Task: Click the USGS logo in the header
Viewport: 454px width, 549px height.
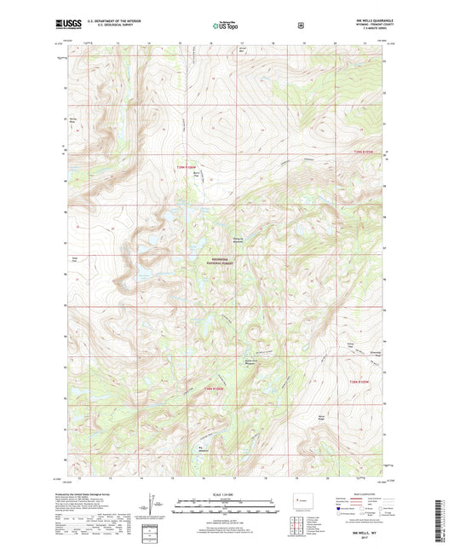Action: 68,25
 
